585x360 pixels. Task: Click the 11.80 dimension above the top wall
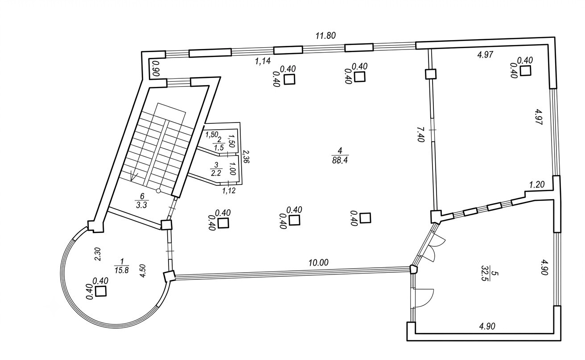click(x=325, y=36)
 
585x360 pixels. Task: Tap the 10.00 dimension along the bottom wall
click(x=318, y=263)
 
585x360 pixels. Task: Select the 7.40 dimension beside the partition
click(x=421, y=135)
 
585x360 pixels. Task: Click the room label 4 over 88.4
click(x=340, y=155)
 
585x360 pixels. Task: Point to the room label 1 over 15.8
click(x=121, y=266)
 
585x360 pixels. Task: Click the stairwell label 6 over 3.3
click(x=141, y=200)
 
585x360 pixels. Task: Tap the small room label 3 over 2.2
click(x=216, y=169)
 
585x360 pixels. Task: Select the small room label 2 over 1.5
click(x=219, y=143)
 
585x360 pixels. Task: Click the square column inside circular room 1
click(x=101, y=291)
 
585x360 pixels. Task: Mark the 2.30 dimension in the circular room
click(x=97, y=254)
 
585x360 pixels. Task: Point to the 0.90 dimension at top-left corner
click(x=156, y=68)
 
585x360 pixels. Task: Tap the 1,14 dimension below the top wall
click(x=263, y=61)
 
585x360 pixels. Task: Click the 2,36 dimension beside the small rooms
click(x=246, y=156)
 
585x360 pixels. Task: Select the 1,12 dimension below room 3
click(x=229, y=191)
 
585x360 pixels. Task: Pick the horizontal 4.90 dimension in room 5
click(x=487, y=326)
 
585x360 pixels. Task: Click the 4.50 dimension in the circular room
click(x=143, y=271)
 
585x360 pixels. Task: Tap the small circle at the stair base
click(x=158, y=191)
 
